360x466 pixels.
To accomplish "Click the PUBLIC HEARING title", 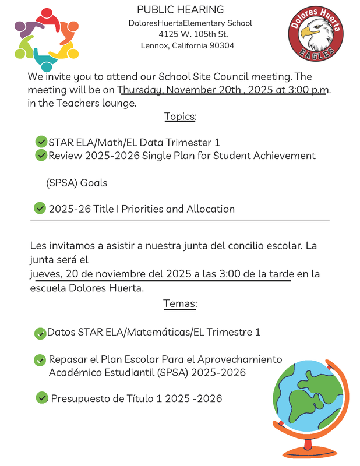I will pos(180,10).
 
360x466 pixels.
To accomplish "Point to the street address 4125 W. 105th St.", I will pos(189,34).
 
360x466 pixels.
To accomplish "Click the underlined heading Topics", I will pos(180,116).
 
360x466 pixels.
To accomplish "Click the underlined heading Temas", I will pos(180,303).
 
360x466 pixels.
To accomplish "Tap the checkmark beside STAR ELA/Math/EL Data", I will pos(41,142).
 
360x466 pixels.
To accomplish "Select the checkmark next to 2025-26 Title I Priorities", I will pos(40,208).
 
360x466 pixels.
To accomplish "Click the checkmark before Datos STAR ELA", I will pos(40,333).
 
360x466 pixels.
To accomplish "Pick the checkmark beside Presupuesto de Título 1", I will pos(42,398).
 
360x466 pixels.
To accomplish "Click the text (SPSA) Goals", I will pos(76,183).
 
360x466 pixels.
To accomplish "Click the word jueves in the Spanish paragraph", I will pos(45,274).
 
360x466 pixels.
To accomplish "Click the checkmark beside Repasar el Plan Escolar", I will pos(40,360).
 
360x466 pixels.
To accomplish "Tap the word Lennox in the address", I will pos(154,45).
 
